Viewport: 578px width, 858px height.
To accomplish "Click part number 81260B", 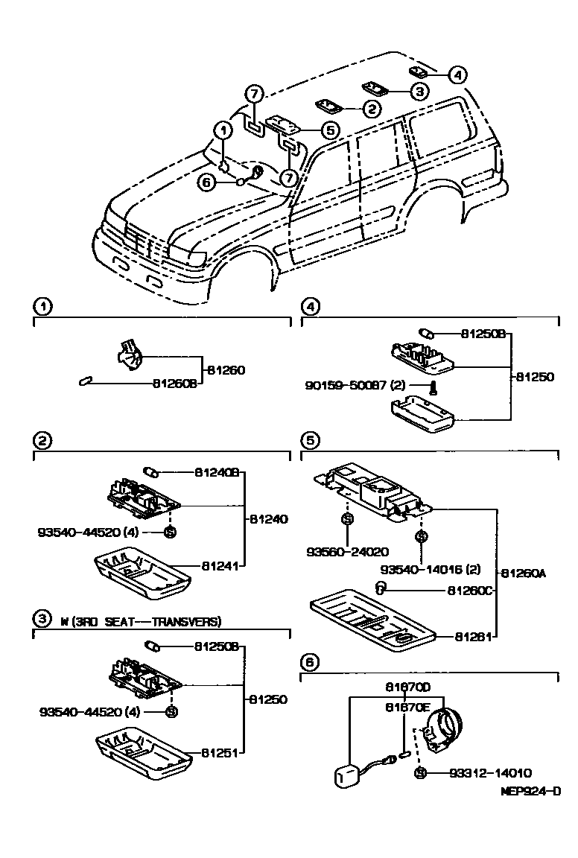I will [x=175, y=384].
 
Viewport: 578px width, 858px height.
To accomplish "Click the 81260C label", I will [x=471, y=590].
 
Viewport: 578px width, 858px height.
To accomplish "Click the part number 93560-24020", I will [x=347, y=552].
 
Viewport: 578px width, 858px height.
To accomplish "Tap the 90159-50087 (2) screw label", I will [x=355, y=385].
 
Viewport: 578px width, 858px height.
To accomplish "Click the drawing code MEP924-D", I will [x=530, y=791].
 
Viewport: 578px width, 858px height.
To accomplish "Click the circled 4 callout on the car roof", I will [x=458, y=74].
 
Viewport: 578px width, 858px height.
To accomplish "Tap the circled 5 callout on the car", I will [x=331, y=130].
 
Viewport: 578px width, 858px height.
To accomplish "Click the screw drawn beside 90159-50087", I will [x=433, y=386].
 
